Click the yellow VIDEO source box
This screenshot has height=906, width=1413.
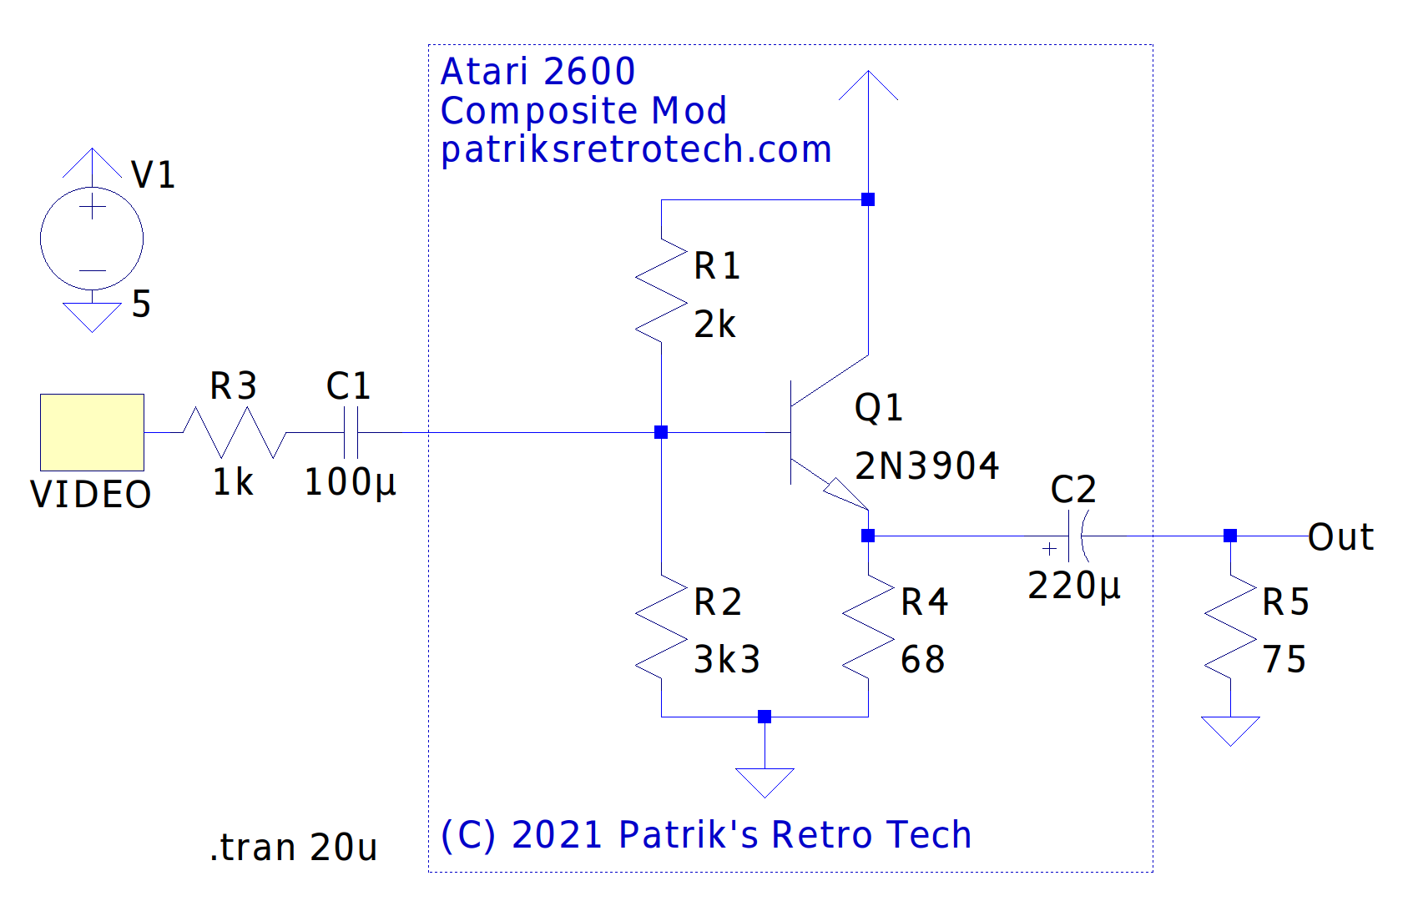tap(92, 432)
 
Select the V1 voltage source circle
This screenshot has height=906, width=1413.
tap(92, 239)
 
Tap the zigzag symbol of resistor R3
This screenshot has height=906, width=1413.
tap(235, 432)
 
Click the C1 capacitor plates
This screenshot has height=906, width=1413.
tap(351, 432)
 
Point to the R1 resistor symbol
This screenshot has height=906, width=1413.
tap(661, 290)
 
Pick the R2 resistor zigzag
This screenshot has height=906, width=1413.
tap(661, 627)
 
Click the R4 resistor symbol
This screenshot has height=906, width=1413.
tap(868, 627)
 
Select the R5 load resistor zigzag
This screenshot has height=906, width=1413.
tap(1230, 627)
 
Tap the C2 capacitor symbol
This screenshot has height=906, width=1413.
tap(1077, 536)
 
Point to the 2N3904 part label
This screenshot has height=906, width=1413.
tap(926, 466)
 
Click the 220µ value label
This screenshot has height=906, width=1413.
tap(1073, 586)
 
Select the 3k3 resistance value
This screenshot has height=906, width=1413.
tap(727, 659)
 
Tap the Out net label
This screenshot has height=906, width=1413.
tap(1340, 537)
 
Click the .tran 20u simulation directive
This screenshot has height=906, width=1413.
tap(293, 848)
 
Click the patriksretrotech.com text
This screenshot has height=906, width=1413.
tap(636, 149)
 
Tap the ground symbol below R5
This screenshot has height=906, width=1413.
tap(1230, 731)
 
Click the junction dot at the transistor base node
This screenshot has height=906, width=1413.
tap(661, 432)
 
